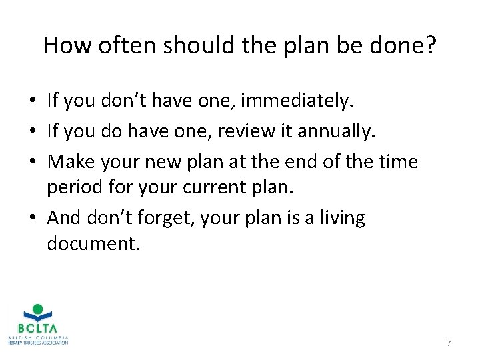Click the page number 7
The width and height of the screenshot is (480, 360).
[449, 343]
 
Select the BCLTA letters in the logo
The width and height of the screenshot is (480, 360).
[37, 328]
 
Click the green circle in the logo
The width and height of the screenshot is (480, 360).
[37, 309]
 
